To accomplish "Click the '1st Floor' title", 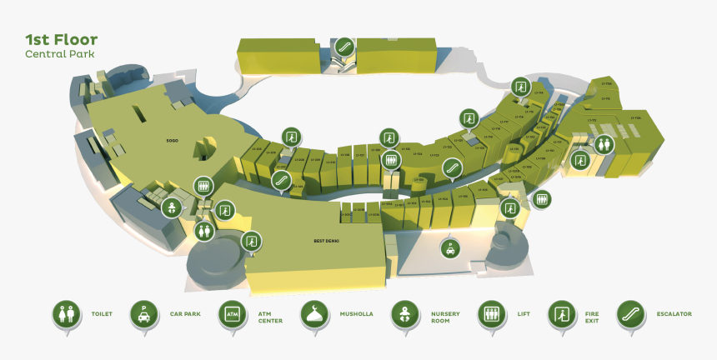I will pyautogui.click(x=61, y=39).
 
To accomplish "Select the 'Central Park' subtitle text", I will pyautogui.click(x=59, y=54).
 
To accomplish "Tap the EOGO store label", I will pyautogui.click(x=173, y=141).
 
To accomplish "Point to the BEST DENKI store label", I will pyautogui.click(x=326, y=241).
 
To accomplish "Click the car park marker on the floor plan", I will pyautogui.click(x=450, y=247).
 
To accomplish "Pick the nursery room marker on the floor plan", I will pyautogui.click(x=171, y=207).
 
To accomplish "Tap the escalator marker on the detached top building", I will pyautogui.click(x=343, y=46).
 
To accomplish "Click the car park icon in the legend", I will pyautogui.click(x=144, y=314).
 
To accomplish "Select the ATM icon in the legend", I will pyautogui.click(x=231, y=314).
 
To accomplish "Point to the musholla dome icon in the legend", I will pyautogui.click(x=313, y=314).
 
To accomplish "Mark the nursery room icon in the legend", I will pyautogui.click(x=404, y=314).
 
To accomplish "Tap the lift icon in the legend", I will pyautogui.click(x=490, y=314).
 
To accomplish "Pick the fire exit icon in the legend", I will pyautogui.click(x=560, y=314).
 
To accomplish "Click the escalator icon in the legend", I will pyautogui.click(x=630, y=314).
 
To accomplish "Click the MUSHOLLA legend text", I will pyautogui.click(x=356, y=314).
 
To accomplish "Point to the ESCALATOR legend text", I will pyautogui.click(x=674, y=314).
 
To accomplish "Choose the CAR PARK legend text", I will pyautogui.click(x=186, y=314).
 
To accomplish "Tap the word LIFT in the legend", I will pyautogui.click(x=524, y=314).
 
